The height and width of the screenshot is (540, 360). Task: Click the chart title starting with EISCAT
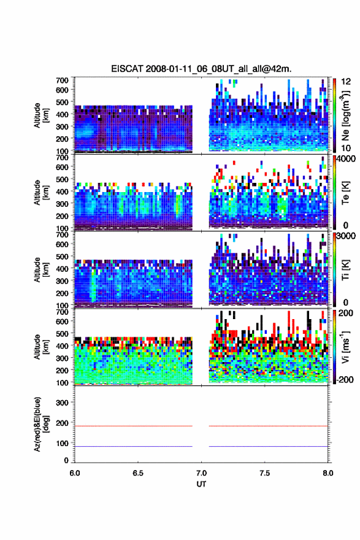(201, 69)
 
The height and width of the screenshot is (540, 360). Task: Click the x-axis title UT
(201, 484)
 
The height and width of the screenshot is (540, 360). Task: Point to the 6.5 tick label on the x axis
(138, 473)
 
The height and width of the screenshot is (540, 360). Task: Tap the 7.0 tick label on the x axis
(201, 473)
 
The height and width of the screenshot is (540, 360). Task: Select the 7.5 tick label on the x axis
(265, 473)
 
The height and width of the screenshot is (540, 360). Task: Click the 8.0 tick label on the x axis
(327, 473)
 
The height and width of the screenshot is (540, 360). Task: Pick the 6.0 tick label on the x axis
(75, 473)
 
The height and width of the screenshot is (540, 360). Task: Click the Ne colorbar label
(345, 115)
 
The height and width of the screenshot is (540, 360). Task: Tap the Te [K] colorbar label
(345, 193)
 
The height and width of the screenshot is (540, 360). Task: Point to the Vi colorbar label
(345, 347)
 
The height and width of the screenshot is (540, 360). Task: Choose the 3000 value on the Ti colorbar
(347, 236)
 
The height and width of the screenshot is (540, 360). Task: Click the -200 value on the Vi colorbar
(345, 379)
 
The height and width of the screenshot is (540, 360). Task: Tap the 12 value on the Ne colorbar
(347, 82)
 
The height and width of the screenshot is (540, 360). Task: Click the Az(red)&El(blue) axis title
(40, 424)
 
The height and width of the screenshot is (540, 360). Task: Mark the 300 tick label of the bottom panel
(63, 403)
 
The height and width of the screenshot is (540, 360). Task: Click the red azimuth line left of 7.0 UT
(134, 426)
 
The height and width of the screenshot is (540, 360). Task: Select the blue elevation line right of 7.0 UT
(269, 446)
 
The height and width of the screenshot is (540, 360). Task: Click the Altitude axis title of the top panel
(41, 115)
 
